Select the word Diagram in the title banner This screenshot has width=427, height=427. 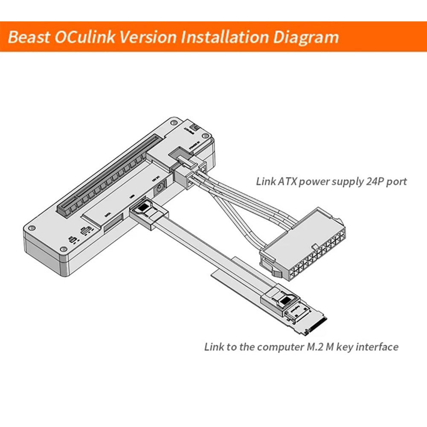(303, 37)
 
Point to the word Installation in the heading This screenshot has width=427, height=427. (222, 37)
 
